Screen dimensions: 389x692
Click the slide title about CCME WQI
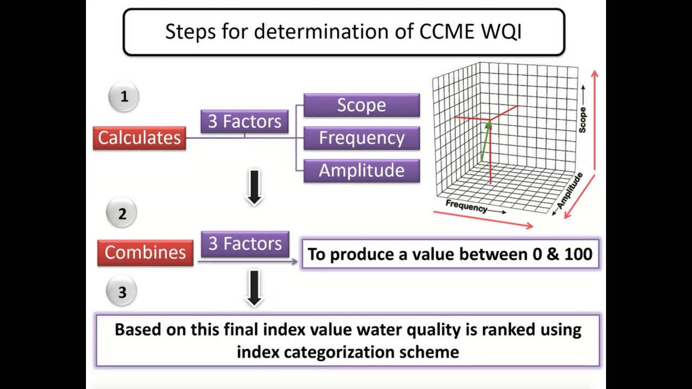[x=343, y=32]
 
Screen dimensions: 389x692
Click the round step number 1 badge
[x=124, y=97]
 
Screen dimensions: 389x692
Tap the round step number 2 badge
[x=122, y=214]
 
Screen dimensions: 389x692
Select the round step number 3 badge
[x=122, y=292]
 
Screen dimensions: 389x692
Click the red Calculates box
[x=139, y=138]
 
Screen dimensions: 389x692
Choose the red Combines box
[x=145, y=253]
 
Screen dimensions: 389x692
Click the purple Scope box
[x=361, y=105]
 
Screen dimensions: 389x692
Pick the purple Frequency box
[x=361, y=138]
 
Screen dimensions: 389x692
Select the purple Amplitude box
[x=361, y=171]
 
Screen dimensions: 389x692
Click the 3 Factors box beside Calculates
[x=244, y=122]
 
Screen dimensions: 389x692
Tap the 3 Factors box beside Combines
[x=245, y=244]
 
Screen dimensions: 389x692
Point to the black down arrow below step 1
[x=254, y=187]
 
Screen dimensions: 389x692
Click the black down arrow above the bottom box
[x=254, y=288]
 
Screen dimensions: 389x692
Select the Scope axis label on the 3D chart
[x=583, y=119]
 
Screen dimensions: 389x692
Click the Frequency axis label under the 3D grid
[x=466, y=206]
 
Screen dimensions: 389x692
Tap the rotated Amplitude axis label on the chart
[x=570, y=191]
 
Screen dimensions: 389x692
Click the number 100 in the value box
[x=578, y=254]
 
